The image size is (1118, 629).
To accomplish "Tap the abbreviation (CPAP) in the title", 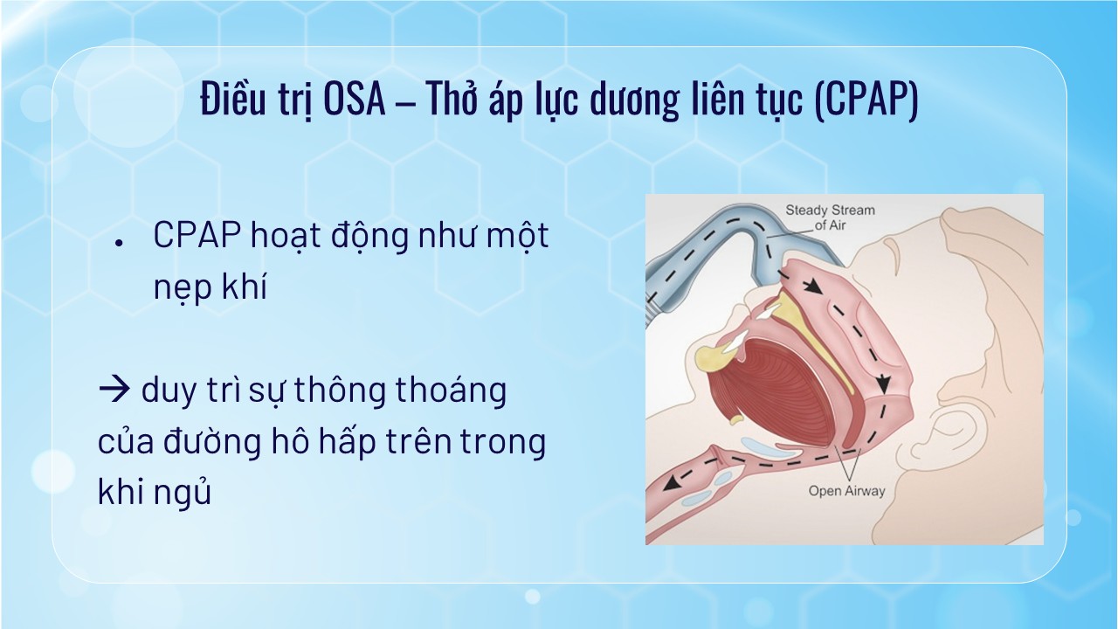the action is coord(866,100).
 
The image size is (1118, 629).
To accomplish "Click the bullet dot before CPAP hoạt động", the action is coord(119,243).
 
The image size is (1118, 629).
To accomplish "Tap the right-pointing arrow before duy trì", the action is coord(114,390).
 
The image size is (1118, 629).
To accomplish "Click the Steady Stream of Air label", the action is coord(830,218).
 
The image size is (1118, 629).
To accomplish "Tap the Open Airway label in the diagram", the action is coord(846,491).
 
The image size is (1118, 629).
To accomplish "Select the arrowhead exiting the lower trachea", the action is coord(672,482).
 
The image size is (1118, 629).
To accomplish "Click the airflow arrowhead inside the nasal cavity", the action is coord(814,286).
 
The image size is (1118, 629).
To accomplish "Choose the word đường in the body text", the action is coord(211,441).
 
